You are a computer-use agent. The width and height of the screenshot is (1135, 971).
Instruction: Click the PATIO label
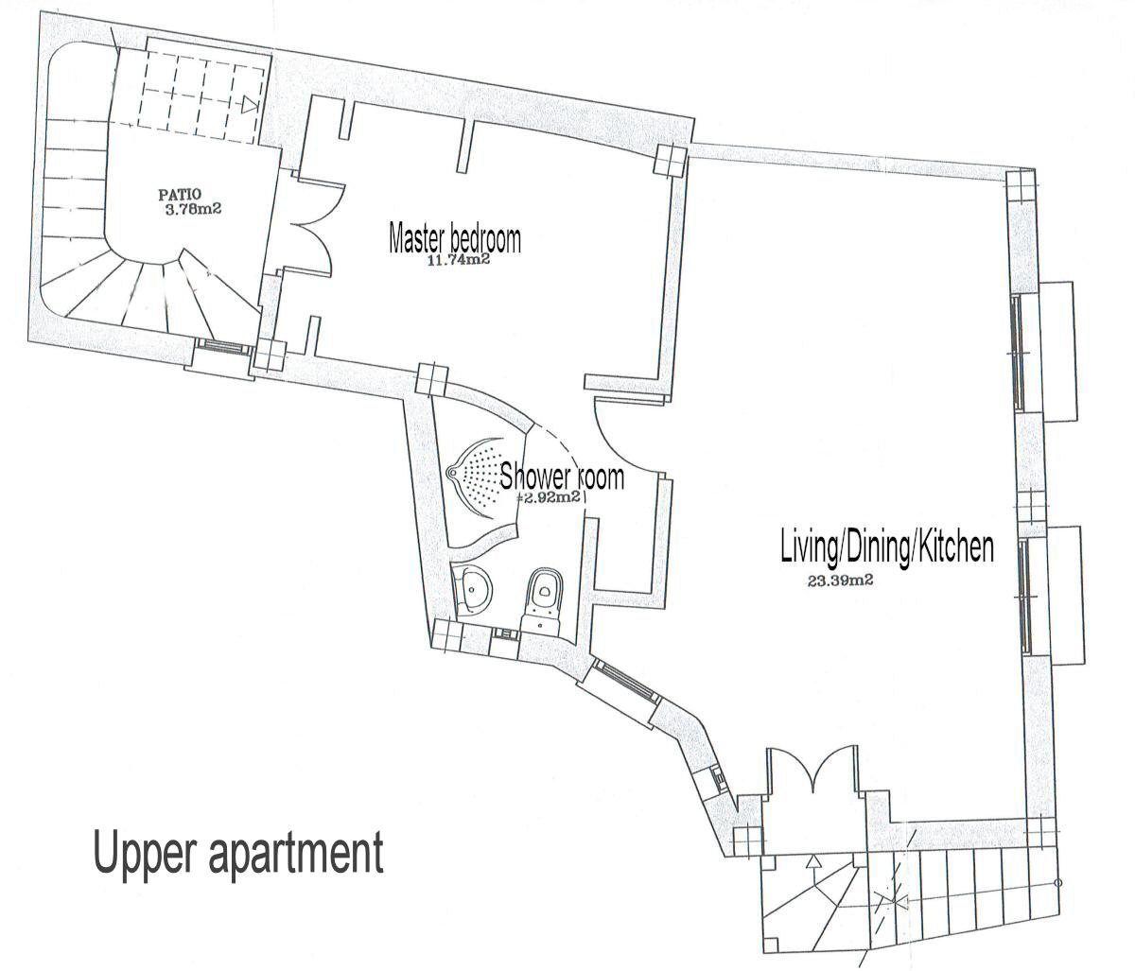tap(180, 194)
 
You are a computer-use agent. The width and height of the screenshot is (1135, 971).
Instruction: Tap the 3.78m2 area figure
tap(193, 209)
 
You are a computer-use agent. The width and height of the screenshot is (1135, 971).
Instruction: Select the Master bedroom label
tap(455, 239)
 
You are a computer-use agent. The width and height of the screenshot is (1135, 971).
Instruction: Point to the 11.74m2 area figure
tap(459, 261)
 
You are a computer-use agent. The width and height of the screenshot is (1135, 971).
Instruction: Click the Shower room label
tap(562, 477)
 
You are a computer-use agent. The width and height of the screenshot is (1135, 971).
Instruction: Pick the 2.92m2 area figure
tap(550, 498)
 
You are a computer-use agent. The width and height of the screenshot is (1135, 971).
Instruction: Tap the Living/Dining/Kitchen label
tap(887, 547)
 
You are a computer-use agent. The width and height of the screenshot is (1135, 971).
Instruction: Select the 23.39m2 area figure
tap(840, 581)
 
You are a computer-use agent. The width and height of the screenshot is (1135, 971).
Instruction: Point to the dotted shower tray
tap(481, 477)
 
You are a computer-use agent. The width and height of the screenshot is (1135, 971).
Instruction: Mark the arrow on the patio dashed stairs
tap(250, 104)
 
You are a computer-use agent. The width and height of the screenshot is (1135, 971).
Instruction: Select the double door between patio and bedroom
tap(311, 227)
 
